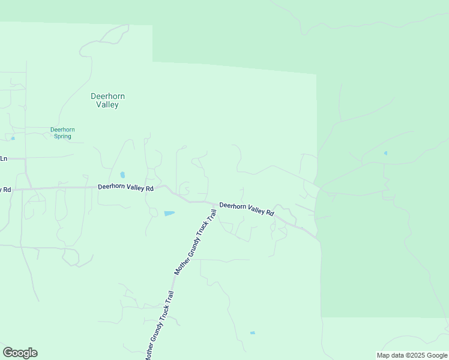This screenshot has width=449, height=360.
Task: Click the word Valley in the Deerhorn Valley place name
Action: (x=107, y=105)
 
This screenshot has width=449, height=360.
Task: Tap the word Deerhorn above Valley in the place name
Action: (x=107, y=96)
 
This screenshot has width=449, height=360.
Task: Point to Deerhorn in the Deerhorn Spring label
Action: (x=62, y=130)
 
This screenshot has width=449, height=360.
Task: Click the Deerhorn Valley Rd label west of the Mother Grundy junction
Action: (x=125, y=187)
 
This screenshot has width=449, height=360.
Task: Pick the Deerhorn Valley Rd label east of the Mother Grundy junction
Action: (x=247, y=209)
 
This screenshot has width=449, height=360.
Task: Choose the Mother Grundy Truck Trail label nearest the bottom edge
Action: (x=159, y=326)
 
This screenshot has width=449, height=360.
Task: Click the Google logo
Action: (x=20, y=353)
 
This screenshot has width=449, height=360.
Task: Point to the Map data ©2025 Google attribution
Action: (x=411, y=355)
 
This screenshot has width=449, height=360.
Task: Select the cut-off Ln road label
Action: (x=3, y=158)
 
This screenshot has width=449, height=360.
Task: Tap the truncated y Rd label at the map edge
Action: (x=5, y=190)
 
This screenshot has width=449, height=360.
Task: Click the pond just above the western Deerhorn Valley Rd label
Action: (x=122, y=175)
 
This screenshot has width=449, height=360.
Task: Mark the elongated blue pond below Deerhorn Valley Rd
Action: (x=169, y=213)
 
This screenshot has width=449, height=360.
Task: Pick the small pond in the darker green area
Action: (x=385, y=153)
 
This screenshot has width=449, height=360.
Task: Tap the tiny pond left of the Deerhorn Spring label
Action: (x=13, y=138)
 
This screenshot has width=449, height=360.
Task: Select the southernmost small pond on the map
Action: (x=252, y=333)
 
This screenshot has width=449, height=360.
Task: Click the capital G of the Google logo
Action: (x=8, y=353)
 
